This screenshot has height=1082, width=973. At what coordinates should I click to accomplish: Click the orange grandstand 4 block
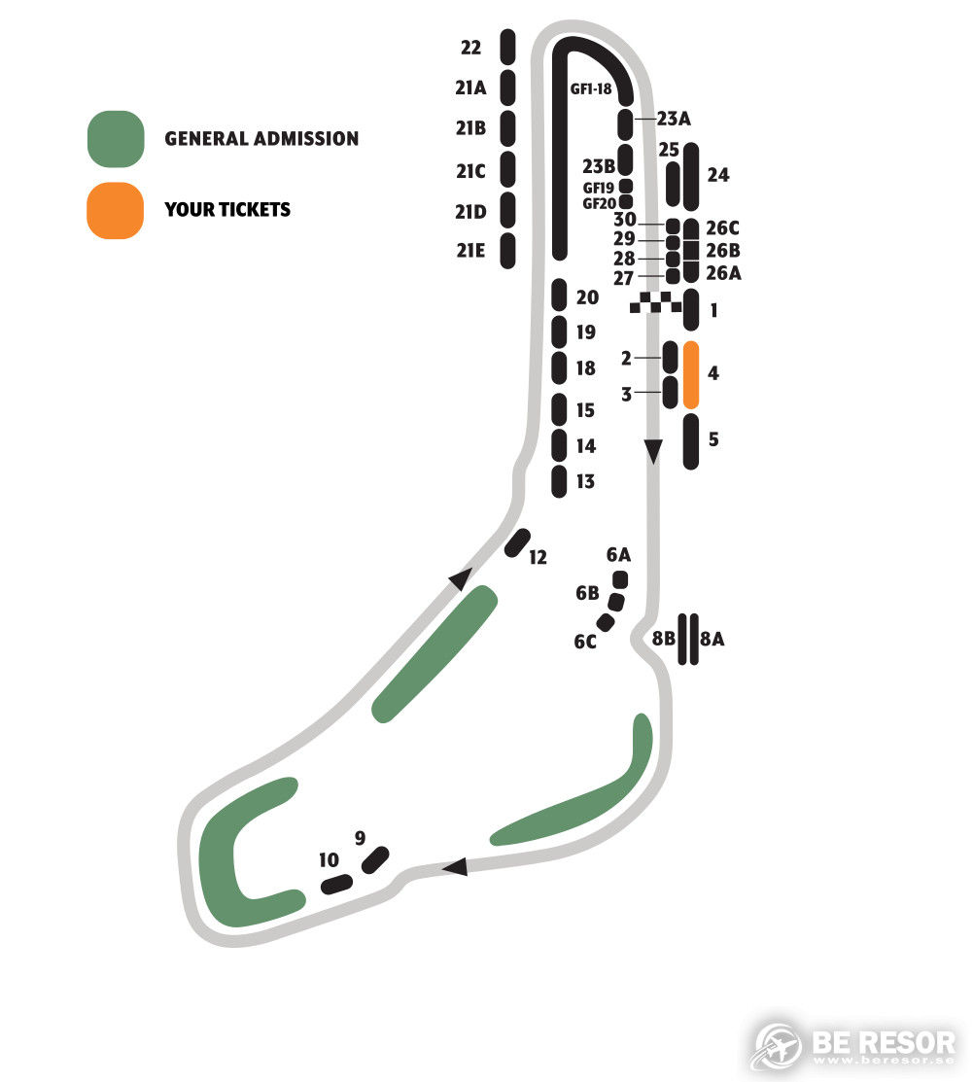(x=691, y=374)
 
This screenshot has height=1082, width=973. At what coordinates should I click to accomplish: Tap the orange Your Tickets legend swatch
(x=116, y=210)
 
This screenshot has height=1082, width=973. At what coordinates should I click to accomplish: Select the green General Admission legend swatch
(x=116, y=139)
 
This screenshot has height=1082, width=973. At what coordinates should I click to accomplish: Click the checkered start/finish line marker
(x=655, y=302)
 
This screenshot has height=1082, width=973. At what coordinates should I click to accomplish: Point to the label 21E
(x=470, y=251)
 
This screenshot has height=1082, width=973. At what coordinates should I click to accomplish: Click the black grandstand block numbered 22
(x=508, y=47)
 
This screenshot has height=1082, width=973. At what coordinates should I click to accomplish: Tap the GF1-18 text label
(x=591, y=89)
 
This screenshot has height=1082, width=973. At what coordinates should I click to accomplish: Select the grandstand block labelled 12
(x=517, y=543)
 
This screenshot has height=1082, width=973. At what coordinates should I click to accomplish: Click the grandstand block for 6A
(x=620, y=579)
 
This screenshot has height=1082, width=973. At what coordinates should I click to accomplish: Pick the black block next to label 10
(x=336, y=884)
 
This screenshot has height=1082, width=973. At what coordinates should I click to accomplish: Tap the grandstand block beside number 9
(x=375, y=859)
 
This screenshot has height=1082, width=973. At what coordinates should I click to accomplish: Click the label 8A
(x=712, y=639)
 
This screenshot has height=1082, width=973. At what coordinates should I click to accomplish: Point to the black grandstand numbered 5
(x=691, y=441)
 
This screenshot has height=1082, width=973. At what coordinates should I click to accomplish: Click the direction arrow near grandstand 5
(x=653, y=452)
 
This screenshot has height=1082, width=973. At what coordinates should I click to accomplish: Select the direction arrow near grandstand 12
(x=461, y=578)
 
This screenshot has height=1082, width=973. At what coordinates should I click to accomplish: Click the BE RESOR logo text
(x=884, y=1043)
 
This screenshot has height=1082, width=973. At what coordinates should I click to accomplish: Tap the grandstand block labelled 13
(x=559, y=481)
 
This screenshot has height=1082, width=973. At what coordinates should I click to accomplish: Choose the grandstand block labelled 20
(x=560, y=295)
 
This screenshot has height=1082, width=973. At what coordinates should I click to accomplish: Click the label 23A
(x=674, y=119)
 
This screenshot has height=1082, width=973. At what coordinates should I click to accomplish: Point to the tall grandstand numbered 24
(x=691, y=177)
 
